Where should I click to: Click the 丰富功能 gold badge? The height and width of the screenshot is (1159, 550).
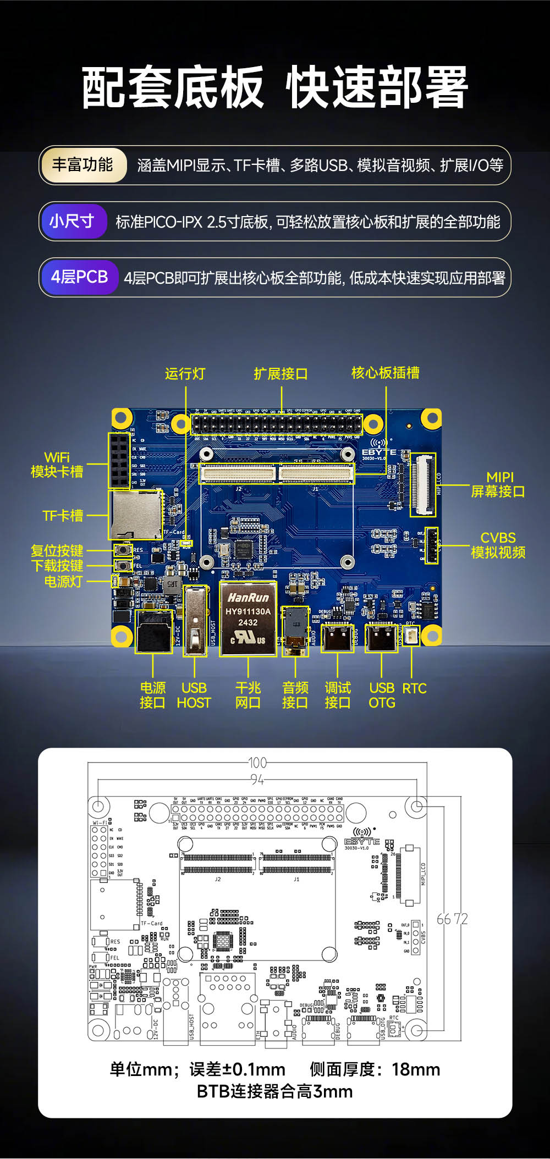(x=82, y=165)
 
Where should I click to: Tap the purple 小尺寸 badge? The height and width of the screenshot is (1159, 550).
(x=72, y=221)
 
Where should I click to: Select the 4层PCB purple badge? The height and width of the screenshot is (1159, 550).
(x=79, y=277)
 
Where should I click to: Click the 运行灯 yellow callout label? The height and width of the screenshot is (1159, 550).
(x=185, y=374)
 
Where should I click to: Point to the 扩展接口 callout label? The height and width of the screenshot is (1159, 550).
(x=280, y=374)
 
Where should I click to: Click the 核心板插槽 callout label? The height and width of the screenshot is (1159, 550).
(x=385, y=373)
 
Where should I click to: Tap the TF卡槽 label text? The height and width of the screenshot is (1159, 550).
(x=63, y=516)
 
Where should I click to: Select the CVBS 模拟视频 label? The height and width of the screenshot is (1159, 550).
(x=498, y=545)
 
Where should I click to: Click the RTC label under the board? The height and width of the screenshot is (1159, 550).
(x=414, y=688)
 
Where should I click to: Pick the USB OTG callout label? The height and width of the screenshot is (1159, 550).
(x=382, y=696)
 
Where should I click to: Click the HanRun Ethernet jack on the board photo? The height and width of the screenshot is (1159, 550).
(x=248, y=619)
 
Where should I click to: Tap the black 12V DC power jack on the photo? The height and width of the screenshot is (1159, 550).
(x=153, y=632)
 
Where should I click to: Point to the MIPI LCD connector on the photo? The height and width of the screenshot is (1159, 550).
(x=422, y=485)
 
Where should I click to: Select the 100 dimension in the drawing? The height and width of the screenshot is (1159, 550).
(x=257, y=763)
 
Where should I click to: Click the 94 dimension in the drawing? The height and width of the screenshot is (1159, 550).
(x=257, y=780)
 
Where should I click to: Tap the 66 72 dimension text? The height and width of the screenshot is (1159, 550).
(x=452, y=919)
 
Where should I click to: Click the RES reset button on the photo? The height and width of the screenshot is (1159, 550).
(x=123, y=550)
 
